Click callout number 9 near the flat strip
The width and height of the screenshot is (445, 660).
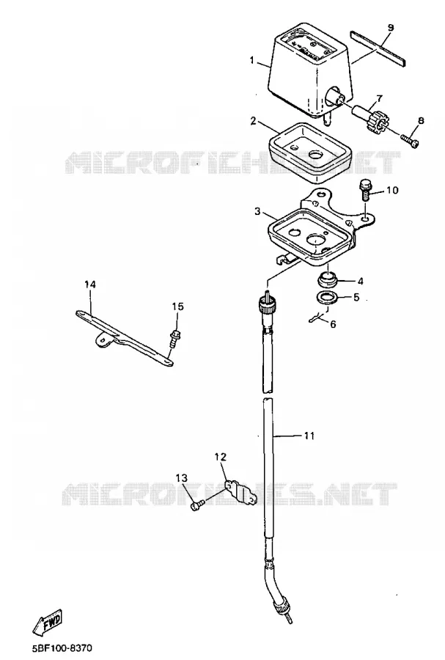click(x=390, y=28)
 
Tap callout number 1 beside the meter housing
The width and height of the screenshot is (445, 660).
click(x=252, y=61)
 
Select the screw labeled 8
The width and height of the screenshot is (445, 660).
click(x=410, y=140)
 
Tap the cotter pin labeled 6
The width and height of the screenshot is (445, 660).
click(x=315, y=319)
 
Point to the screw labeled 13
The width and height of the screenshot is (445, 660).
click(x=197, y=505)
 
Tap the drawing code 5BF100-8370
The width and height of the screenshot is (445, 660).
click(x=62, y=648)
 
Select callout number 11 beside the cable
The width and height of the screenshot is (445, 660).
click(x=309, y=436)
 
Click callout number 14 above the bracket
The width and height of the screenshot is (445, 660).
click(x=89, y=285)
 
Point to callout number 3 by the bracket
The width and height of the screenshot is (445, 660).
click(x=257, y=211)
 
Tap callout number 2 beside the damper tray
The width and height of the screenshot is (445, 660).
click(x=253, y=121)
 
